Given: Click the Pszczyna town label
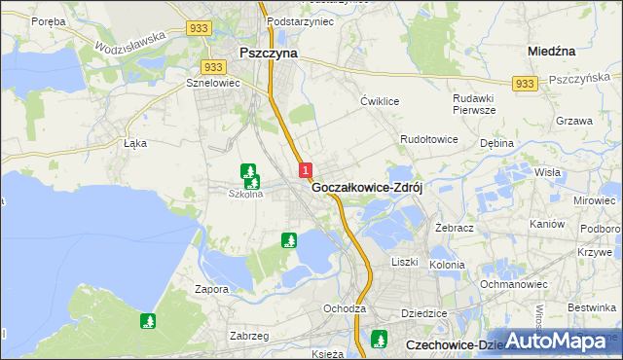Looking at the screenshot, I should click(x=269, y=54).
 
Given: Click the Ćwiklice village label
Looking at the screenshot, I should click(x=381, y=100).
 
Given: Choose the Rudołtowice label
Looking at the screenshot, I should click(x=429, y=139).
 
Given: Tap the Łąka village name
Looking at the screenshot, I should click(x=134, y=142).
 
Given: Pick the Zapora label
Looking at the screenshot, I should click(x=210, y=289).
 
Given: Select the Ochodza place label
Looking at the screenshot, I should click(x=345, y=308).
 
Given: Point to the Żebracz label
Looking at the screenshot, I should click(x=454, y=226).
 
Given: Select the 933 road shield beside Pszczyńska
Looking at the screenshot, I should click(x=525, y=85).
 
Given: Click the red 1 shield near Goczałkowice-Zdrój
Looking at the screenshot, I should click(x=306, y=169).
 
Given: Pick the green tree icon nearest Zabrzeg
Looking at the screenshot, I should click(x=148, y=320).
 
